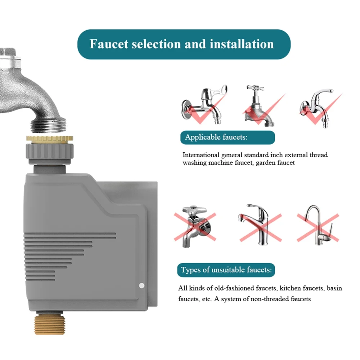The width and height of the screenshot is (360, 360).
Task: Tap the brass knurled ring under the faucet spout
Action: [x=50, y=139]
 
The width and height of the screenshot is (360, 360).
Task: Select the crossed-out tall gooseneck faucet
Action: [x=317, y=225]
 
